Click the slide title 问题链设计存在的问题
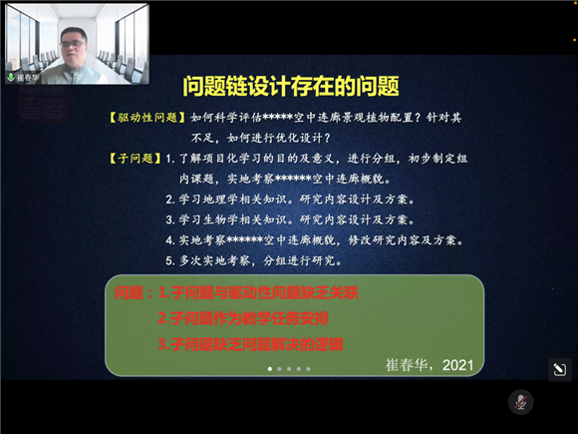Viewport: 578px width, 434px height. click(x=288, y=86)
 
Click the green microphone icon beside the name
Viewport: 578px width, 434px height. click(x=11, y=75)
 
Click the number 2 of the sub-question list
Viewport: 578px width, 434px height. click(x=170, y=199)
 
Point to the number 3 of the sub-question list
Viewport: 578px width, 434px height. click(x=170, y=219)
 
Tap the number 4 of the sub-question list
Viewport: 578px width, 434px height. click(x=170, y=240)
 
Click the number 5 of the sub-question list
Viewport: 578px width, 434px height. click(x=170, y=261)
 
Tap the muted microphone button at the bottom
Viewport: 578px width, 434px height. click(x=518, y=401)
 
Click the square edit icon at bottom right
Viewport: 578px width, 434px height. click(x=558, y=370)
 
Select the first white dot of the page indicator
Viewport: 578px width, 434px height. click(x=269, y=369)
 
